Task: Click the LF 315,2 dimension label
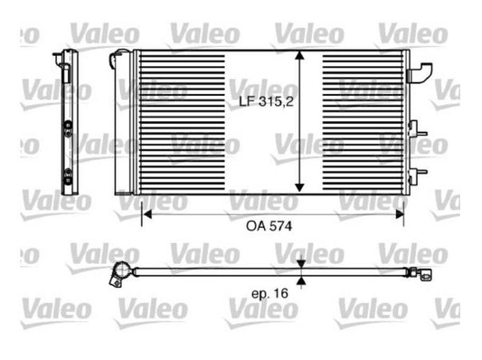(x=266, y=101)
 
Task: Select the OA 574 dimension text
(x=269, y=226)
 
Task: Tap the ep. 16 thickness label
(x=269, y=293)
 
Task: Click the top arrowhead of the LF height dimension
(x=299, y=55)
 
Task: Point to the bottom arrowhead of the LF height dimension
(x=299, y=188)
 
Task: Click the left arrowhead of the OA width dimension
(x=147, y=214)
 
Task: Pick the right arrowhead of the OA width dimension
(x=400, y=214)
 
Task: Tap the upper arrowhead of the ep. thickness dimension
(x=301, y=264)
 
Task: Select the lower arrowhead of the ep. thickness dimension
(x=301, y=280)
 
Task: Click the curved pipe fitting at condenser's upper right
(x=420, y=73)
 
